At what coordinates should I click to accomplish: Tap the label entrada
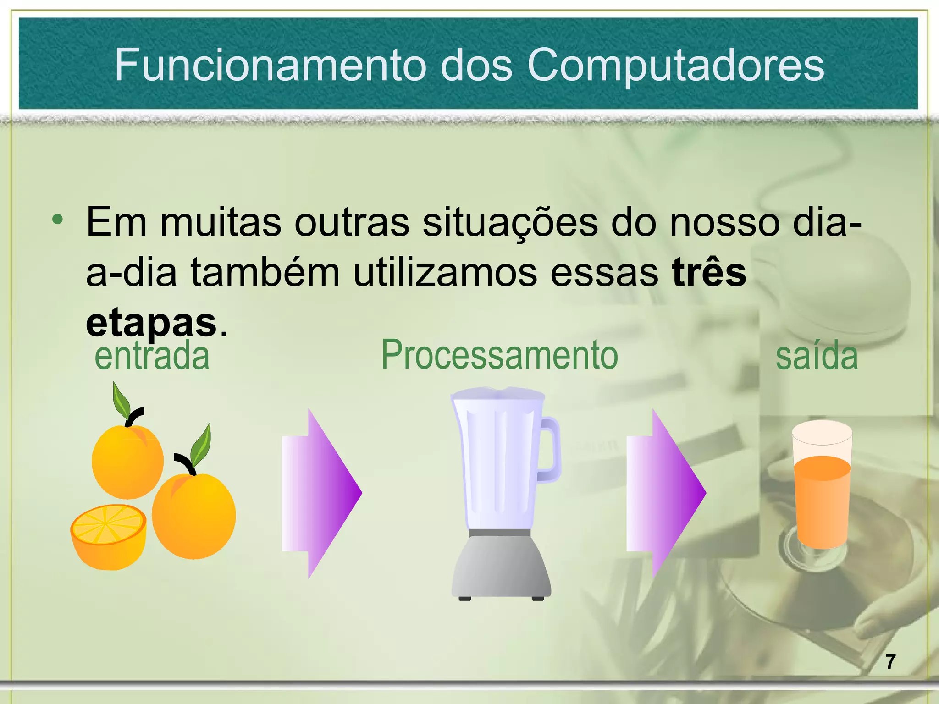[x=152, y=356]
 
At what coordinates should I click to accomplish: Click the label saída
[x=816, y=356]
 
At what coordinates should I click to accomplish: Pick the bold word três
[x=709, y=273]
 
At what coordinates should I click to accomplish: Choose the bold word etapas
[x=151, y=323]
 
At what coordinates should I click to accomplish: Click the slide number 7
[x=890, y=662]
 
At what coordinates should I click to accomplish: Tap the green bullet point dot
[x=57, y=220]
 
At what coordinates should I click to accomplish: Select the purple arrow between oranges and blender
[x=321, y=493]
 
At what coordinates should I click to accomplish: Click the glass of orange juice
[x=822, y=486]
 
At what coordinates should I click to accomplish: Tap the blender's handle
[x=550, y=449]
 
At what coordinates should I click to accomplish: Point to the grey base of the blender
[x=501, y=566]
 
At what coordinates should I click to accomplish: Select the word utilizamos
[x=445, y=273]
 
